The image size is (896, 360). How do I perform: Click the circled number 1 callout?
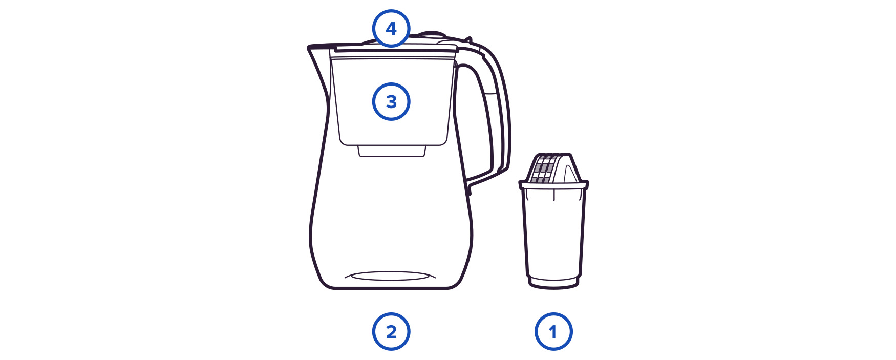pyautogui.click(x=553, y=332)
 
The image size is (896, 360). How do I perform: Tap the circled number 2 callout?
pyautogui.click(x=391, y=332)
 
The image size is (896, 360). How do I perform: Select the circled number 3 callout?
pyautogui.click(x=391, y=102)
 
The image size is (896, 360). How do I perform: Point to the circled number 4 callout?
pyautogui.click(x=391, y=28)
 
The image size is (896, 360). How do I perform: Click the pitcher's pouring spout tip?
pyautogui.click(x=309, y=49)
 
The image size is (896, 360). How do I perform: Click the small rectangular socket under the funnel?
pyautogui.click(x=392, y=151)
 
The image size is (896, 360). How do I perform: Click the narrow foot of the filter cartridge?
pyautogui.click(x=553, y=282)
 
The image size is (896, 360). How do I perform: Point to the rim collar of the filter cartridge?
pyautogui.click(x=553, y=185)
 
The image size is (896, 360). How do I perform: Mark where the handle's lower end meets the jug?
pyautogui.click(x=468, y=187)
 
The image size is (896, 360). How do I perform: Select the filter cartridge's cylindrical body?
pyautogui.click(x=553, y=233)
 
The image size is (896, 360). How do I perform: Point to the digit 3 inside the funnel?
pyautogui.click(x=391, y=102)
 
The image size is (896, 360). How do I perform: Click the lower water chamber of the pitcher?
pyautogui.click(x=390, y=220)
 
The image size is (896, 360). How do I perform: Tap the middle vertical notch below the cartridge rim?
pyautogui.click(x=553, y=195)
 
